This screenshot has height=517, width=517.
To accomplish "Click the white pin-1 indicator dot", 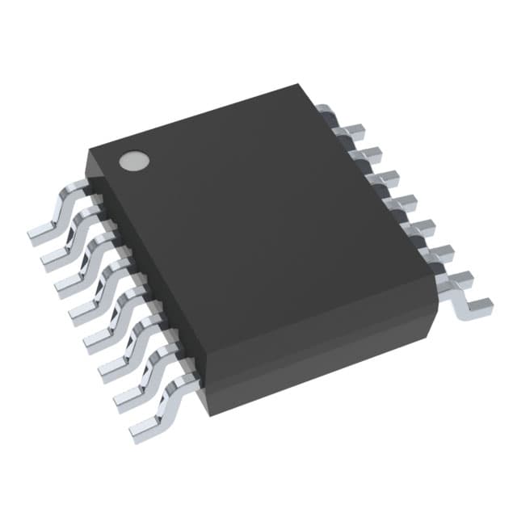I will point(134,161).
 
